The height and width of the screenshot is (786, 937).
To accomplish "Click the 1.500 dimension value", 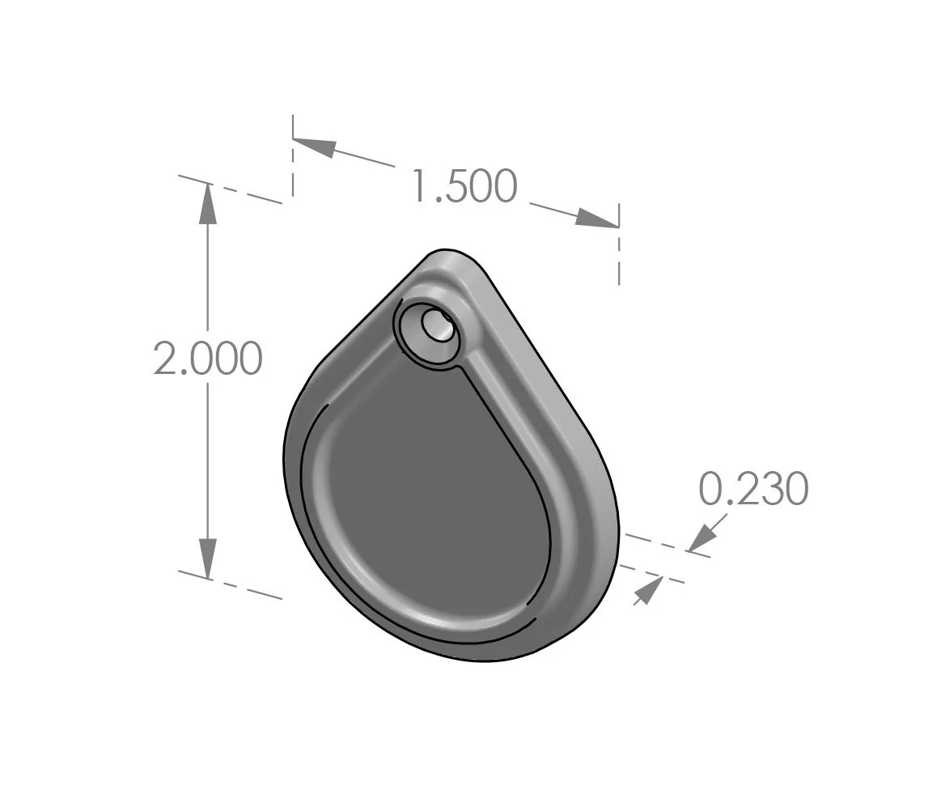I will point(464,187).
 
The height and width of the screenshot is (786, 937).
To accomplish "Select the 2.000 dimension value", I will point(208,359).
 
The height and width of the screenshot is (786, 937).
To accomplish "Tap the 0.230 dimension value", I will point(753,490).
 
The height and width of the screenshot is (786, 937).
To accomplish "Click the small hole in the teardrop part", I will point(438,325).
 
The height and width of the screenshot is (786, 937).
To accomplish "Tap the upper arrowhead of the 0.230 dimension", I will point(704,537).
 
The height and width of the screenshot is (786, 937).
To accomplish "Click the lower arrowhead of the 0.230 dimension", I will point(645,593).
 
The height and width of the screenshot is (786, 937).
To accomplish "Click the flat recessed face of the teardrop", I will point(429,494).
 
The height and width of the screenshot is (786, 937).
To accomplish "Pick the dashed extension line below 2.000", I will point(231,584).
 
